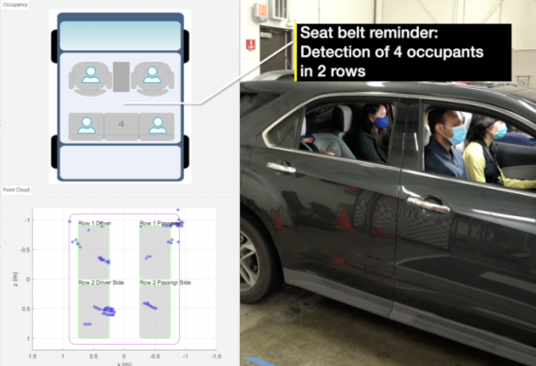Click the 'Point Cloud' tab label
point(15,189)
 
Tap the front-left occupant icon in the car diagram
point(91,74)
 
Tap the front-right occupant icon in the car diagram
point(151,74)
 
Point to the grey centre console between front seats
point(121,75)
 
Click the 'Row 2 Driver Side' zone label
point(100,282)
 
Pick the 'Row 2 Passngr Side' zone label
point(164,282)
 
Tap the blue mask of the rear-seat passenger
point(382,123)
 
